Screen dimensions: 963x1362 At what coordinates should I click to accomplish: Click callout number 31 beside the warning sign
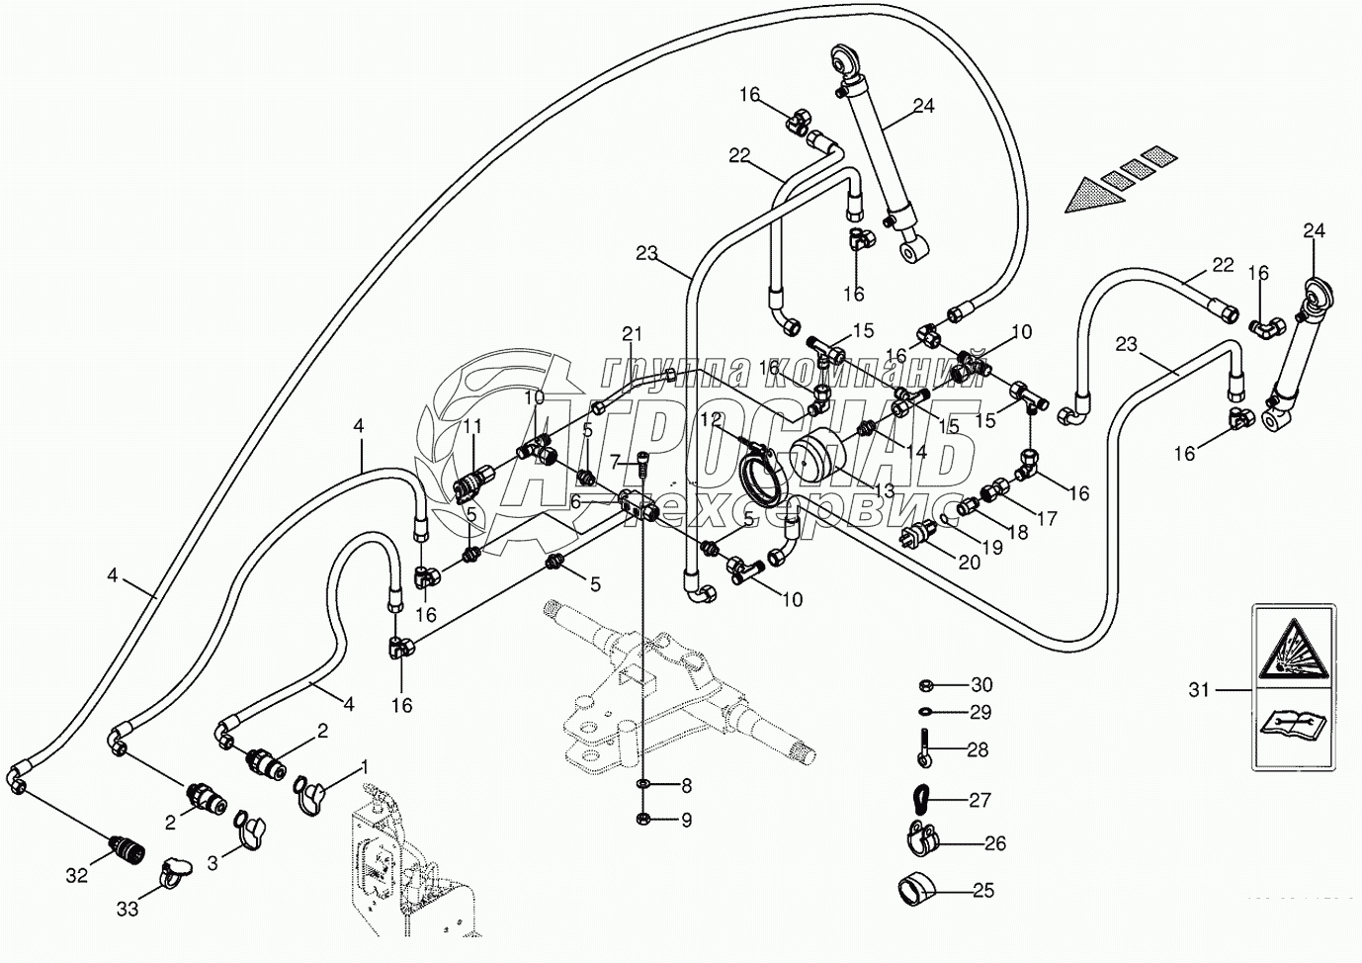click(x=1199, y=690)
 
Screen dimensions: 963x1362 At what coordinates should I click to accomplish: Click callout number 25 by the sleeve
click(x=982, y=890)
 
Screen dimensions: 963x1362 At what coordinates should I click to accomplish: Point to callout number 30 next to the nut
click(x=980, y=685)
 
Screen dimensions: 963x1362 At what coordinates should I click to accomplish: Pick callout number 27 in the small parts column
click(x=979, y=800)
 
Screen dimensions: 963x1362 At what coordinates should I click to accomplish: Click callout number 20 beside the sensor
click(x=969, y=563)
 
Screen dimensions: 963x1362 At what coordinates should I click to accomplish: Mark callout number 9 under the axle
click(x=685, y=820)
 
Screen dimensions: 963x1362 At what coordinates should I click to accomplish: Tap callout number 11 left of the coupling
click(x=472, y=426)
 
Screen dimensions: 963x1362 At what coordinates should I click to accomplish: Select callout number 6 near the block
click(x=574, y=502)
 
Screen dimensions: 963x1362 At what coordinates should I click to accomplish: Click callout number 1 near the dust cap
click(x=364, y=766)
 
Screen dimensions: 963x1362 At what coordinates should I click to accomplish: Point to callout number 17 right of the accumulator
click(x=1047, y=517)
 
